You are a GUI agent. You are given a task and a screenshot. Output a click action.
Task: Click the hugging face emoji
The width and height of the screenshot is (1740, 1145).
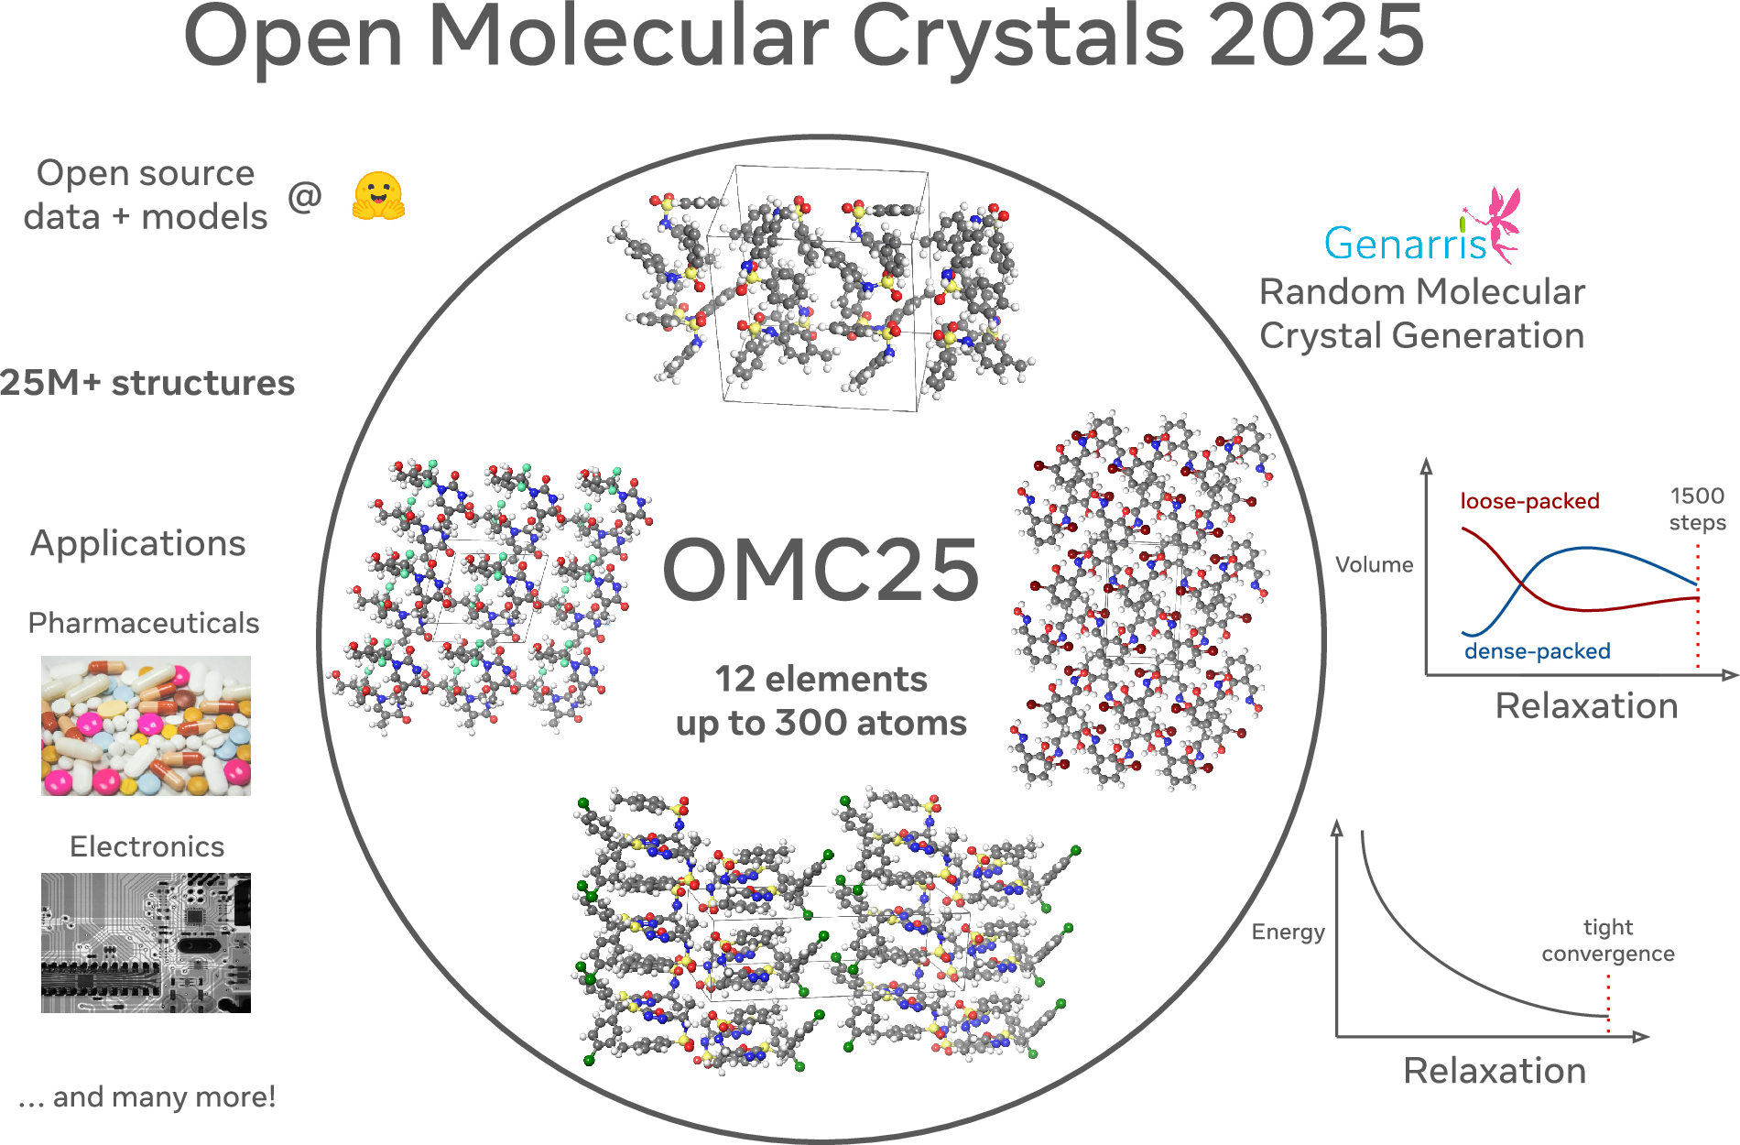(378, 196)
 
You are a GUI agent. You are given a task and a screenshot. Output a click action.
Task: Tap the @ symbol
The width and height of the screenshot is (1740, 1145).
(305, 196)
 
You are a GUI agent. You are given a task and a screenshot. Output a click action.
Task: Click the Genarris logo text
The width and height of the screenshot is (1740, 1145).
(1405, 243)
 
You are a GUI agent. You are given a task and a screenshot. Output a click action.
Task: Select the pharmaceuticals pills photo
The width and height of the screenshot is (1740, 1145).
(146, 725)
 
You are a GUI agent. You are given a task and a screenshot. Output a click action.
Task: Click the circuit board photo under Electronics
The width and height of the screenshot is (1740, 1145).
(146, 943)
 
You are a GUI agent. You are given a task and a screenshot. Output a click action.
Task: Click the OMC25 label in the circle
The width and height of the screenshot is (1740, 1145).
(821, 571)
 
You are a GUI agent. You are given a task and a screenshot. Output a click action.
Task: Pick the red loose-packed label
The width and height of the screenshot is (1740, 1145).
(1529, 501)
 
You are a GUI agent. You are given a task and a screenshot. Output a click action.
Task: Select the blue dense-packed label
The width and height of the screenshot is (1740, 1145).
(1537, 651)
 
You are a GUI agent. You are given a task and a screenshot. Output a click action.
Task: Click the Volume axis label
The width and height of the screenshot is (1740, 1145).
(1374, 564)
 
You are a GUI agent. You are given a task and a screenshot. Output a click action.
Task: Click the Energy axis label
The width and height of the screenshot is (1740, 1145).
(1288, 932)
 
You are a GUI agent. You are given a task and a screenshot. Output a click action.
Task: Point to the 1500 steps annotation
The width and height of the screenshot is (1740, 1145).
(1697, 508)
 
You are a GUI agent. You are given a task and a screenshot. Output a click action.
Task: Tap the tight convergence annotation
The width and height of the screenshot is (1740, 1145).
(1607, 941)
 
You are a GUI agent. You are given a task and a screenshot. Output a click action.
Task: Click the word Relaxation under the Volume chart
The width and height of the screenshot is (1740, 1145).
(1586, 705)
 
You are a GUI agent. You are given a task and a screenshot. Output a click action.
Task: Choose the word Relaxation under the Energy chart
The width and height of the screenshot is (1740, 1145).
(1495, 1070)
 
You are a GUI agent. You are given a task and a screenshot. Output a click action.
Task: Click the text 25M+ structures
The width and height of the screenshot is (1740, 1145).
(147, 383)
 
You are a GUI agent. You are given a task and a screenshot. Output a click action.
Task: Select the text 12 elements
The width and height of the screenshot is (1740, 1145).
(821, 679)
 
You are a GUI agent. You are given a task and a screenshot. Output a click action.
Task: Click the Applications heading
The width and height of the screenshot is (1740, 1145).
(138, 543)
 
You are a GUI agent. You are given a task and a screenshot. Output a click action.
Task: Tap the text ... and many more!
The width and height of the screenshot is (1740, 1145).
(147, 1096)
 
